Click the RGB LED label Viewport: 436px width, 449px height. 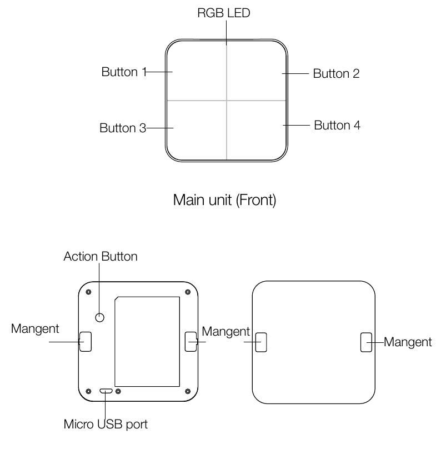point(224,13)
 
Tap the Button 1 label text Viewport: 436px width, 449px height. point(124,72)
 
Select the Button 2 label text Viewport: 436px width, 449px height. point(336,73)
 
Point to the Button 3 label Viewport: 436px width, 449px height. point(123,128)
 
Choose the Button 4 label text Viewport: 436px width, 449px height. point(337,125)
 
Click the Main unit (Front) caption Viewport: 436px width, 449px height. point(225,200)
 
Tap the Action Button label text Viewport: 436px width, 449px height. point(101,256)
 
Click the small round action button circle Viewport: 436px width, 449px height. point(99,317)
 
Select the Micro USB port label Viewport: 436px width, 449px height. point(106,425)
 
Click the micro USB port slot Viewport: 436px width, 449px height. point(106,391)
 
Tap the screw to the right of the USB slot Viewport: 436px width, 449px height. point(118,391)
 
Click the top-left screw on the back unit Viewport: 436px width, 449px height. point(88,292)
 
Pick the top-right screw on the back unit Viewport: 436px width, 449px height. point(188,292)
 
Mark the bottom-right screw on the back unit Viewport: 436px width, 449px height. point(188,391)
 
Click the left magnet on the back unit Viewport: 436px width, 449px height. point(86,342)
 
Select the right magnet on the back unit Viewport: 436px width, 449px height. point(191,342)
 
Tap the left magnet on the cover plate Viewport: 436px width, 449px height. point(261,342)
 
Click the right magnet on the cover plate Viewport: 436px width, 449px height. point(366,342)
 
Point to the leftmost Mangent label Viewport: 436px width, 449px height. point(35,329)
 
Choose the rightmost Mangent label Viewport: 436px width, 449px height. point(408,342)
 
